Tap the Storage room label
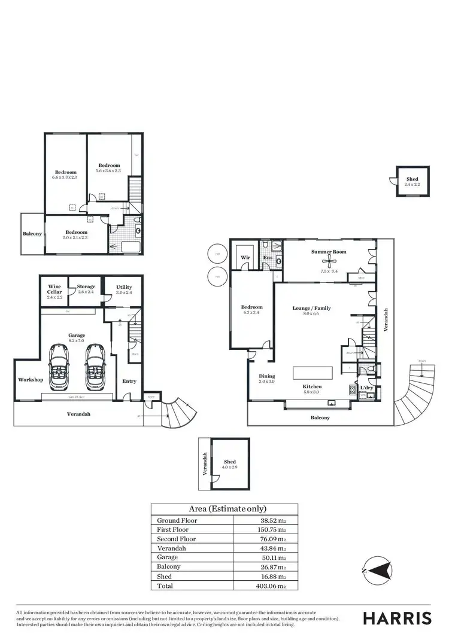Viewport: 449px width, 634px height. [x=86, y=287]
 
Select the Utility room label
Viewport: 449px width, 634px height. [x=124, y=287]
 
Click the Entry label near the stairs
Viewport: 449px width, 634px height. [x=129, y=381]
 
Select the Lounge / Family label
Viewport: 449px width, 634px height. [x=311, y=308]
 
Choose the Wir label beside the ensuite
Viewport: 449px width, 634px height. [x=245, y=258]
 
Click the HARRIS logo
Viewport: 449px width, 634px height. [x=397, y=617]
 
